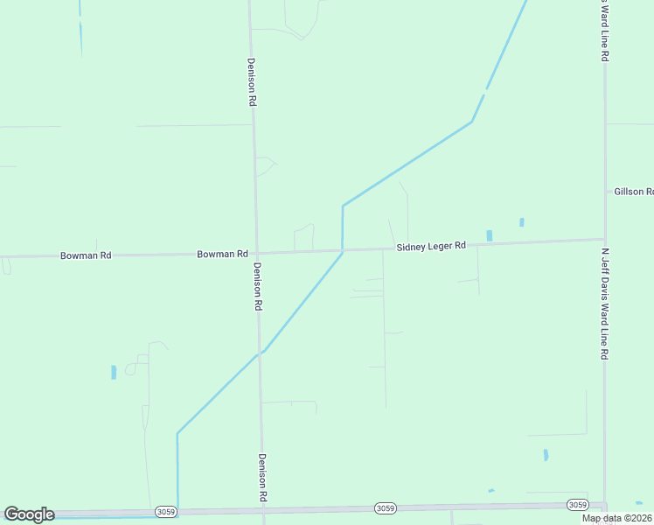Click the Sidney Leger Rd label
pos(431,247)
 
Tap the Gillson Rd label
pos(633,191)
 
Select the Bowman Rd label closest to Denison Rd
pos(222,254)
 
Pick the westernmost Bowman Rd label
pos(86,255)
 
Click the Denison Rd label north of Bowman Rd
pos(252,82)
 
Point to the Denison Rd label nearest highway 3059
pos(261,478)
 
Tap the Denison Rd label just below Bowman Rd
pos(258,288)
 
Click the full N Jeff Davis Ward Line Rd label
pos(604,304)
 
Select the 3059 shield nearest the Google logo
pos(164,511)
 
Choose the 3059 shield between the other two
pos(384,507)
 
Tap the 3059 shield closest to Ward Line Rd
pos(577,505)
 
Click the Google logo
pos(29,514)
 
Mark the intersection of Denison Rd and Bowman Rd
pos(256,253)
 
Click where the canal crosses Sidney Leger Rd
pos(343,250)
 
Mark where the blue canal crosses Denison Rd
pos(260,353)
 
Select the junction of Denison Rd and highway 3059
pos(261,510)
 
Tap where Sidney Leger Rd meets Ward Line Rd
pos(604,239)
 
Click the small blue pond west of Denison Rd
pos(114,372)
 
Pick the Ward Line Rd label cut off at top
pos(604,30)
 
